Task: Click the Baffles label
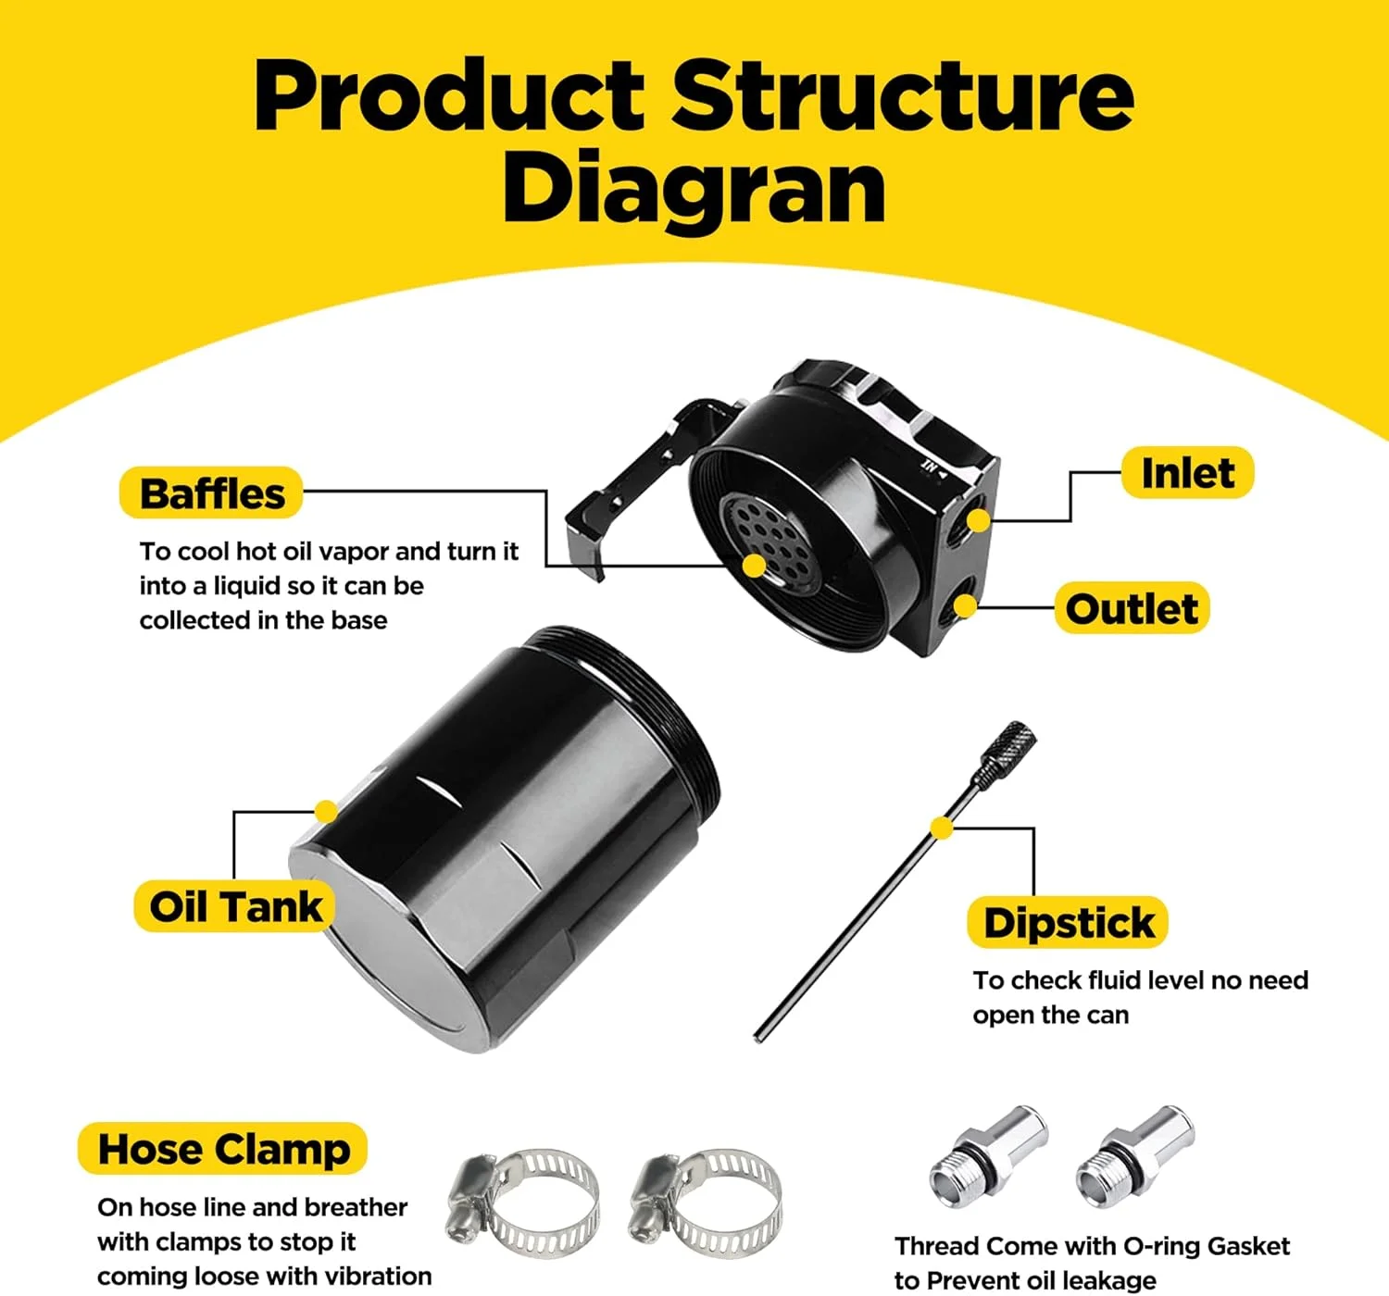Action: coord(212,493)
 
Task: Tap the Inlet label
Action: coord(1187,473)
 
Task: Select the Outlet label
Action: coord(1132,608)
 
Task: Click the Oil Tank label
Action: coord(235,906)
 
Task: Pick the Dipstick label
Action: coord(1069,923)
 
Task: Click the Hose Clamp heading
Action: coord(223,1149)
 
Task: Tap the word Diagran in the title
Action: coord(694,190)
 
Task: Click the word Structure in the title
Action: coord(903,95)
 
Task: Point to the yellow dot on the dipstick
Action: coord(942,828)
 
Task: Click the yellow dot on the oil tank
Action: coord(325,812)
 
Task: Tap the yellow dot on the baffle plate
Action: coord(755,566)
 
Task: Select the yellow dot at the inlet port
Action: coord(978,521)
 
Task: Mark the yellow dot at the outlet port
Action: coord(965,606)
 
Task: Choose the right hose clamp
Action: coord(707,1203)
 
